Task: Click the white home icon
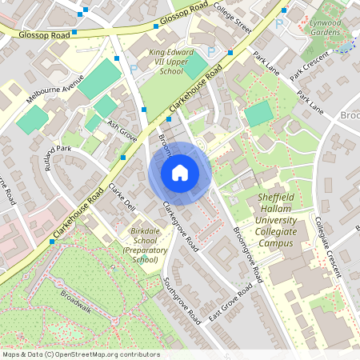click(179, 172)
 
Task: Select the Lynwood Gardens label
click(325, 28)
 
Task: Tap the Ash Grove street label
click(123, 130)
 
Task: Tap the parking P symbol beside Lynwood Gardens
click(279, 25)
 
